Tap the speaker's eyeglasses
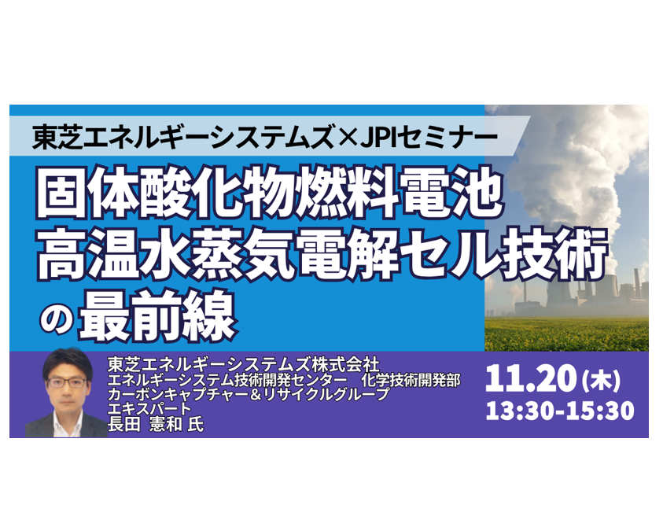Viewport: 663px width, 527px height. [66, 383]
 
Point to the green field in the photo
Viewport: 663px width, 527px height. [566, 334]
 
